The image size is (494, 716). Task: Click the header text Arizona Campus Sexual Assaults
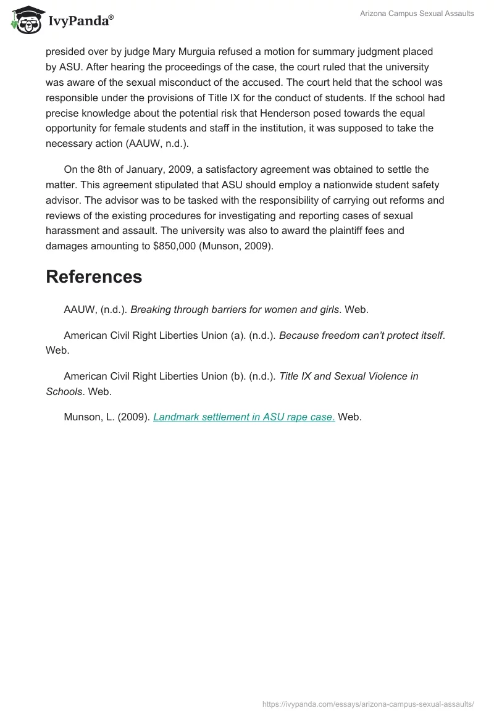[417, 14]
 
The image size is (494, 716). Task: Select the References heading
[94, 277]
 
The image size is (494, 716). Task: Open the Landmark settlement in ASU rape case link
[244, 417]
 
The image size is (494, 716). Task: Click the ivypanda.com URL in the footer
[368, 704]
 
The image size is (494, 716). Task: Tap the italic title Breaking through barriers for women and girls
[235, 310]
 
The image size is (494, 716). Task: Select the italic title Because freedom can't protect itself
[361, 335]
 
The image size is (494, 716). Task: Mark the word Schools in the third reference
[64, 391]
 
